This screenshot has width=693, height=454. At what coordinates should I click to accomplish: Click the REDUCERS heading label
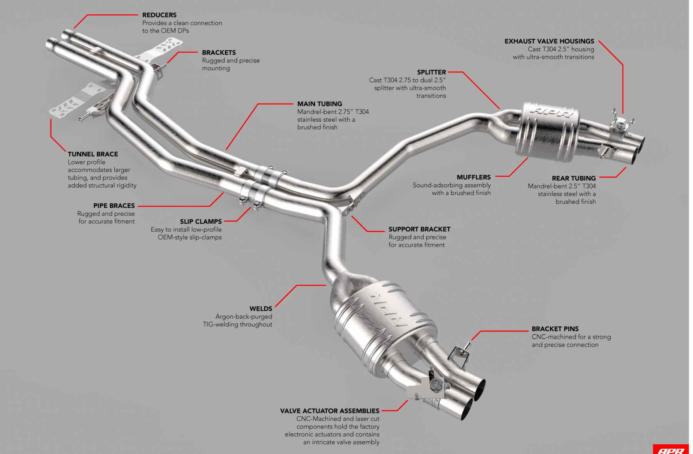pos(159,15)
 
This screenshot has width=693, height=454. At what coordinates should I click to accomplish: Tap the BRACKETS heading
pos(219,52)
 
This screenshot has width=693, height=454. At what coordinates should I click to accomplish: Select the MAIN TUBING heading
pos(320,104)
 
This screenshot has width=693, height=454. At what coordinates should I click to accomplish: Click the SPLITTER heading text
pos(431,72)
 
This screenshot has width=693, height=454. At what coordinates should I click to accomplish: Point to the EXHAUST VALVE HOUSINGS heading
pos(549,41)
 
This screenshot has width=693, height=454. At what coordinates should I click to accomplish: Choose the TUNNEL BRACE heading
pos(93,154)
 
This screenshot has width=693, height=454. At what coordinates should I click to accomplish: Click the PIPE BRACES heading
pos(114,206)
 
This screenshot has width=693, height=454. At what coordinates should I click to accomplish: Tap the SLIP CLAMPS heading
pos(201,221)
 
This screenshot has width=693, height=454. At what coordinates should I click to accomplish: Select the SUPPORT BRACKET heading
pos(419,229)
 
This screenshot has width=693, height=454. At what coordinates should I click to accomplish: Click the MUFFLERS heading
pos(474,177)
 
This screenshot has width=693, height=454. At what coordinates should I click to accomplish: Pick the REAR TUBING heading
pos(574,178)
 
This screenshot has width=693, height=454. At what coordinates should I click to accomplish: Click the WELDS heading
pos(261,309)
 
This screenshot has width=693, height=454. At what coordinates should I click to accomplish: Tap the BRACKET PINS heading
pos(555,329)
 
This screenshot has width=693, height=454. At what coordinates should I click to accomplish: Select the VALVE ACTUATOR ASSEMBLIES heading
pos(330,411)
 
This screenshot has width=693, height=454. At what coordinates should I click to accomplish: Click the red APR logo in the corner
pos(671,450)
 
